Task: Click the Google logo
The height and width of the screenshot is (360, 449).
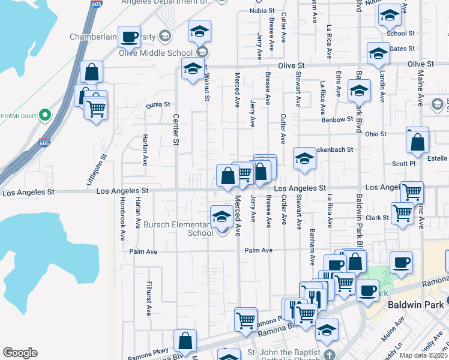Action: pyautogui.click(x=20, y=353)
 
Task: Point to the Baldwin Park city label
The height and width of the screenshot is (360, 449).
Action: pyautogui.click(x=415, y=304)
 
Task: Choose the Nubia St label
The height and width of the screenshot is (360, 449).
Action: pyautogui.click(x=262, y=11)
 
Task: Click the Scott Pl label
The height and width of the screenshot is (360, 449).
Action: pyautogui.click(x=403, y=163)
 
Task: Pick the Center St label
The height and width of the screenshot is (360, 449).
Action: pyautogui.click(x=176, y=129)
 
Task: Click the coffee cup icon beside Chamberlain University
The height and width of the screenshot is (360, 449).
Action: pyautogui.click(x=129, y=38)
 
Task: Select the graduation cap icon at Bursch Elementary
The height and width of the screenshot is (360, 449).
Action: pyautogui.click(x=221, y=215)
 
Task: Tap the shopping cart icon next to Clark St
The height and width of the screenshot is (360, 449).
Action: pyautogui.click(x=402, y=212)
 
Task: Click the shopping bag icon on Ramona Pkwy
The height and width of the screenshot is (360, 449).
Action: pyautogui.click(x=185, y=341)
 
